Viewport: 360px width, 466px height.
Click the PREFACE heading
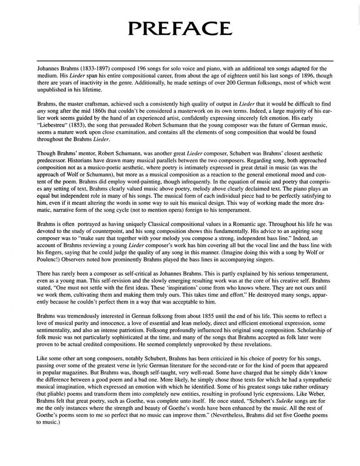coord(180,28)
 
